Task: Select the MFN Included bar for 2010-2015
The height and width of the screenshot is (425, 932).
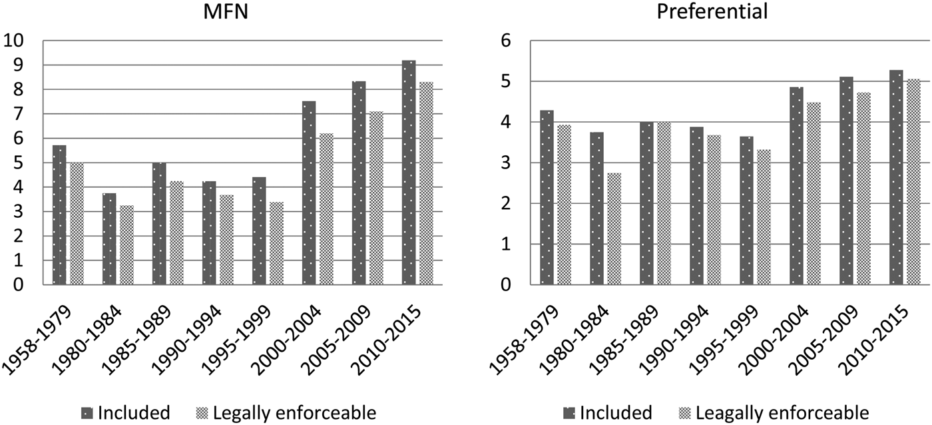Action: point(409,173)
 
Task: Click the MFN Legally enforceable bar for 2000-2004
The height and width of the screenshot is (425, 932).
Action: point(326,209)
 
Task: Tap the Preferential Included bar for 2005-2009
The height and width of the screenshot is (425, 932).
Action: point(847,181)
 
